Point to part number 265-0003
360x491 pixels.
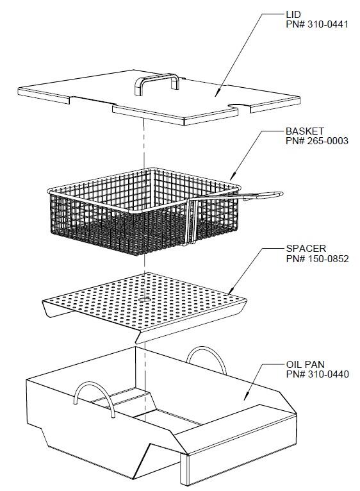[x=316, y=141]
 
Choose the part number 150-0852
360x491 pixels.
[x=316, y=258]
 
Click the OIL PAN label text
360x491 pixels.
[x=304, y=364]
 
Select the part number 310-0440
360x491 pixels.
[x=316, y=374]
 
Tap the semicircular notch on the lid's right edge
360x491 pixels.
[x=236, y=107]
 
